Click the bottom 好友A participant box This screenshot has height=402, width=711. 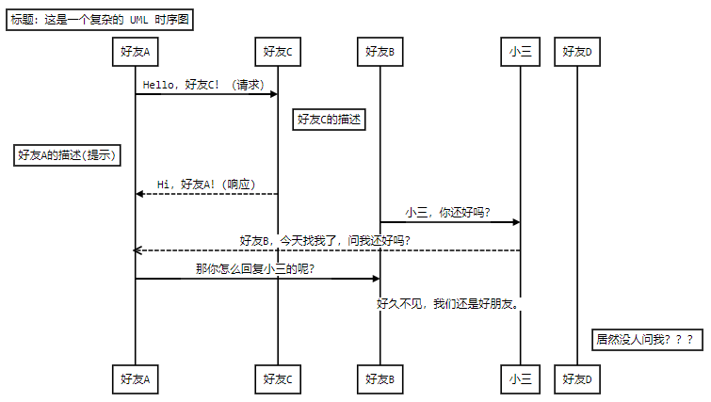(135, 379)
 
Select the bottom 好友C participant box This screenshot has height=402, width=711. (278, 379)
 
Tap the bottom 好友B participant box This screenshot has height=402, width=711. (380, 379)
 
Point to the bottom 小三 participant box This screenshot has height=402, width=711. (520, 379)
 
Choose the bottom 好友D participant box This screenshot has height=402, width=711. (576, 379)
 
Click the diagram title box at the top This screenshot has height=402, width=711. (99, 20)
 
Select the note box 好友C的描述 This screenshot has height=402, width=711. (330, 120)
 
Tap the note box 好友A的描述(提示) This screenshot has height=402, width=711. (69, 156)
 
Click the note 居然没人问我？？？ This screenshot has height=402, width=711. (646, 338)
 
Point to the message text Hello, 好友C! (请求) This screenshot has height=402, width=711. (202, 84)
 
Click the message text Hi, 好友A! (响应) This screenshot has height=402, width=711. (206, 184)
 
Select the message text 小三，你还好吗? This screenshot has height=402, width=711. (448, 213)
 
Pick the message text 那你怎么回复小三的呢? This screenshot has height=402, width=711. (254, 269)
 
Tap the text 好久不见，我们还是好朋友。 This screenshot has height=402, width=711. (448, 303)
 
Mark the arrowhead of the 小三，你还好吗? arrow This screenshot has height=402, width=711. (516, 222)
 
